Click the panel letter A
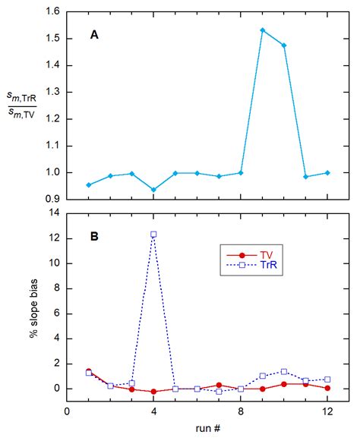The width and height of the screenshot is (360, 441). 93,33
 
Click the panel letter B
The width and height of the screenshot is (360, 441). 93,236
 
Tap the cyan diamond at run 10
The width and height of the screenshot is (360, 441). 284,46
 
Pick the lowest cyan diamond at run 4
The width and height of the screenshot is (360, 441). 153,190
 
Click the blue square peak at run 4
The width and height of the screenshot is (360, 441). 153,235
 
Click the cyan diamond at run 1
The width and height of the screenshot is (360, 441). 89,184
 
